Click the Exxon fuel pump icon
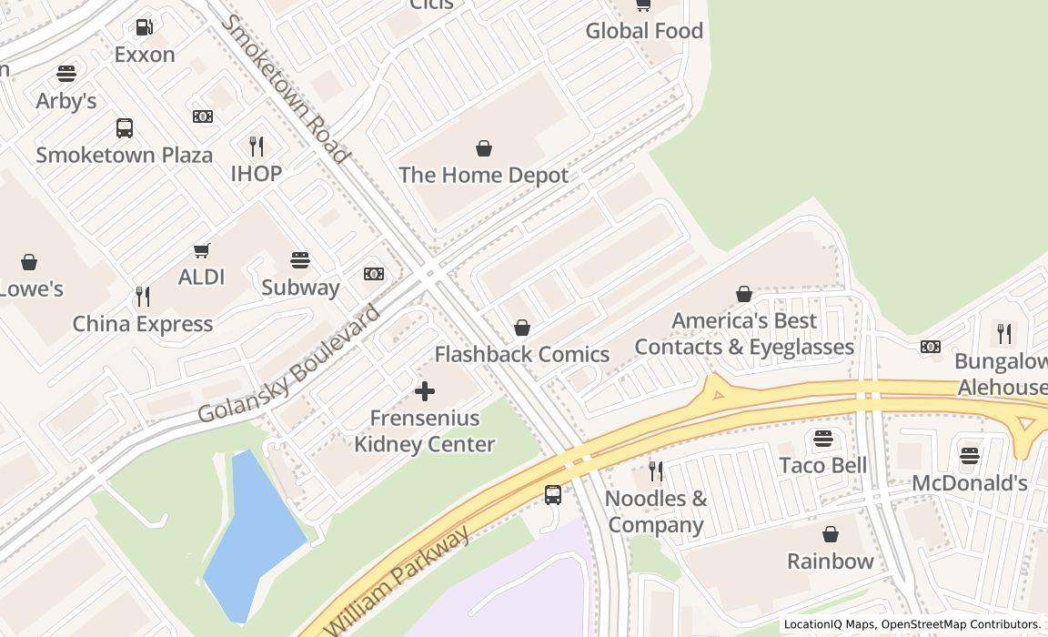coord(145,27)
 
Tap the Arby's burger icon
coord(66,73)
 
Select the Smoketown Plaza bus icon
coord(125,128)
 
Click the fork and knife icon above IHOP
coord(257,146)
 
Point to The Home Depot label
coord(483,175)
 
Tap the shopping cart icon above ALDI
coord(202,250)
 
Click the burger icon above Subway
coord(300,260)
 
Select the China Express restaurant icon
coord(143,296)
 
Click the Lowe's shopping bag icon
coord(29,263)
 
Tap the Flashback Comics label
coord(522,354)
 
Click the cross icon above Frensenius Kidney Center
coord(424,391)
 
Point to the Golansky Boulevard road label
coord(288,365)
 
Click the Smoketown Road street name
coord(286,88)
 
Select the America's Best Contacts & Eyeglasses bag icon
coord(744,294)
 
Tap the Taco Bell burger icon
coord(823,439)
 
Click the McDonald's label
coord(969,483)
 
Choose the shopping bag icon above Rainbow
coord(831,534)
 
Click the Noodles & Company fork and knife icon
coord(655,471)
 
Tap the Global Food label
coord(644,31)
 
